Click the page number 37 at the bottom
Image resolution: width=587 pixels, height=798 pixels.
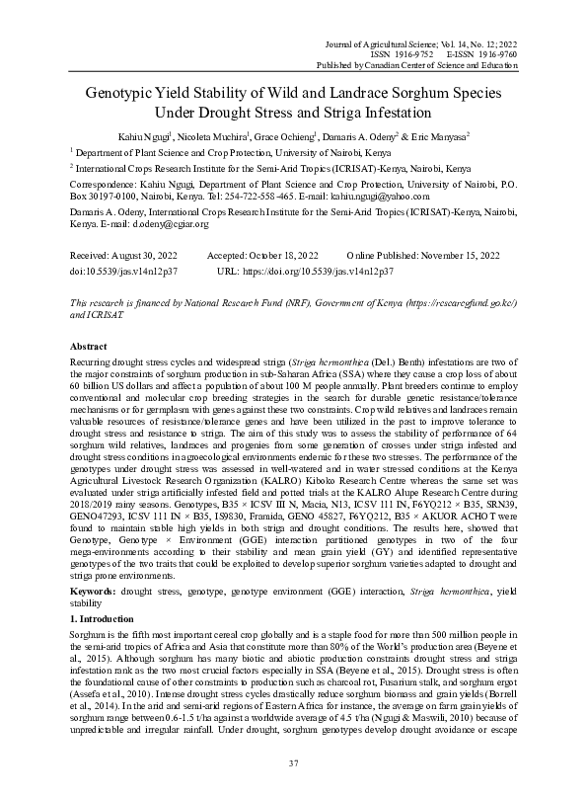293,763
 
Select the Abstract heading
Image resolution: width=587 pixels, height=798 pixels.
91,347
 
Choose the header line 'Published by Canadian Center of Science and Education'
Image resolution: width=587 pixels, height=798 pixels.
410,66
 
